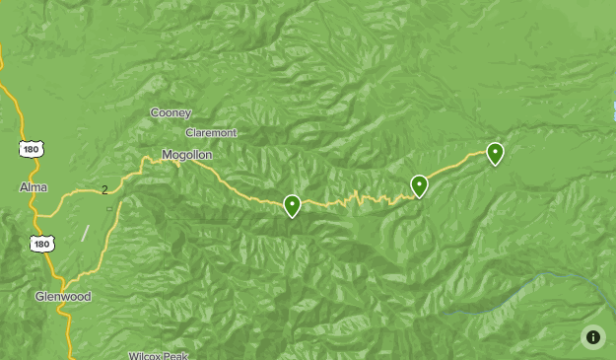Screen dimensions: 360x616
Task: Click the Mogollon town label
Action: coord(187,155)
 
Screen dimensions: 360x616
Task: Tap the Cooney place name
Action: coord(171,113)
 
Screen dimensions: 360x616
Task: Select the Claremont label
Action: coord(211,133)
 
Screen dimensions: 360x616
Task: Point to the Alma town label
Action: coord(33,187)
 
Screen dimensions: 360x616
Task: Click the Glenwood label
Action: coord(63,296)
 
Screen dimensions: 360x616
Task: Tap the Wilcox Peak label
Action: coord(158,355)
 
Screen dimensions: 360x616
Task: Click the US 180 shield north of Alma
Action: coord(31,148)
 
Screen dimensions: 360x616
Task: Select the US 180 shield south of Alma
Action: coord(41,244)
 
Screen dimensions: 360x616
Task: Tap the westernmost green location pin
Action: coord(292,205)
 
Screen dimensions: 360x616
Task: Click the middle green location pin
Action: coord(419,185)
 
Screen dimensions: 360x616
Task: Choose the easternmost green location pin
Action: coord(495,153)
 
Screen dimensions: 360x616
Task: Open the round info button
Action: coord(592,336)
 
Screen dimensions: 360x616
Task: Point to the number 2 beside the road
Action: coord(104,190)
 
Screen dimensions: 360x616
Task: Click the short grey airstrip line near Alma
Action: coord(85,234)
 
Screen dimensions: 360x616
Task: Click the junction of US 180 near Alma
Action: coord(39,215)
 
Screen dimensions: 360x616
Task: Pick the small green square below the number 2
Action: coord(109,208)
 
